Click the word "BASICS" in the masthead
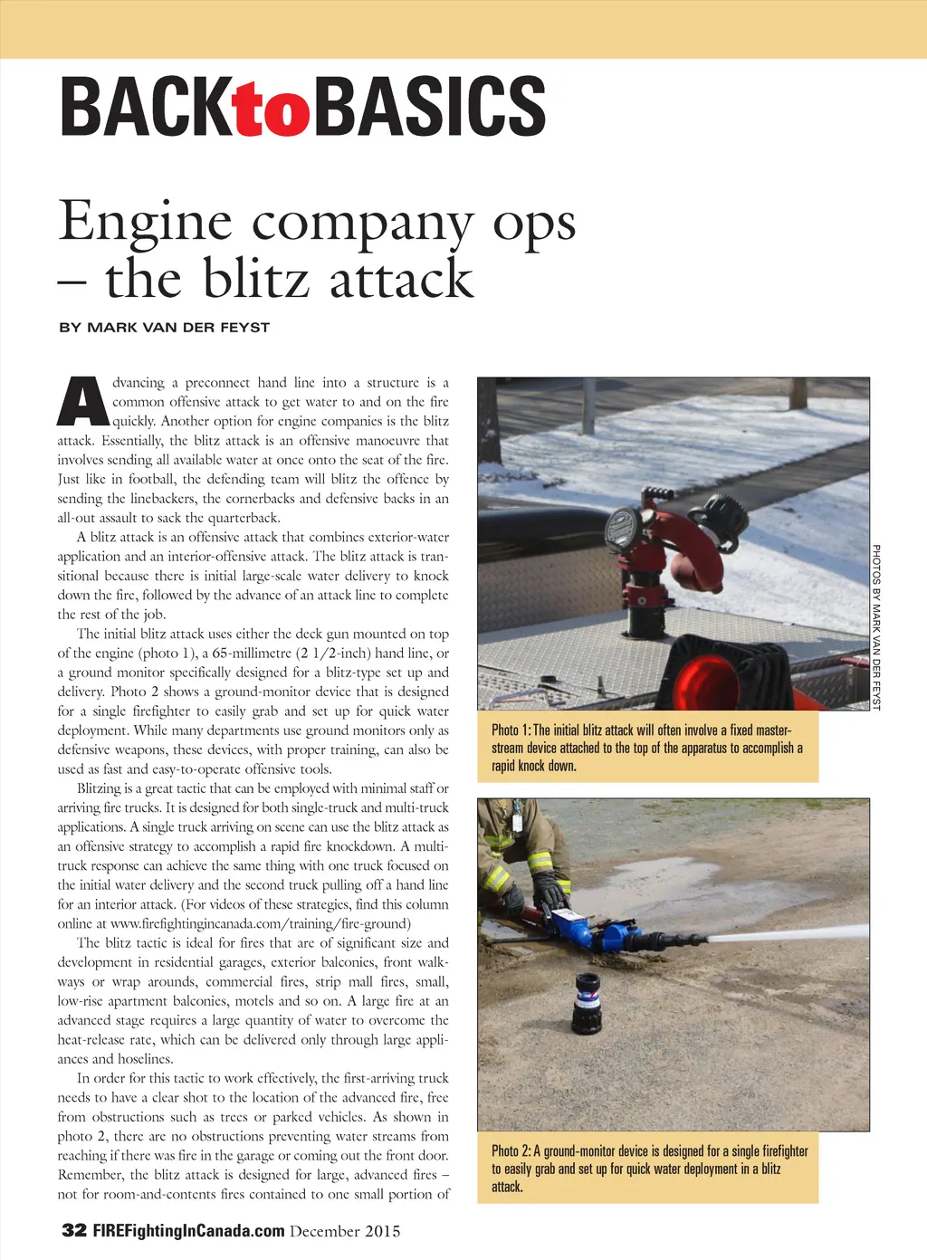429,107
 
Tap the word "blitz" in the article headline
261,278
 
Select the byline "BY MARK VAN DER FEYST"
164,328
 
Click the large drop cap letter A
82,401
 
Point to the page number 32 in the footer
74,1230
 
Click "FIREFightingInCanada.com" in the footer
188,1231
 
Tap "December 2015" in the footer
345,1231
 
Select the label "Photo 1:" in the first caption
511,730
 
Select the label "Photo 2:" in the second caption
511,1151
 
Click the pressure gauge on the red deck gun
622,526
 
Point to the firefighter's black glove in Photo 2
549,887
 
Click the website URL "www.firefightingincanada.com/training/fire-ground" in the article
260,924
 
